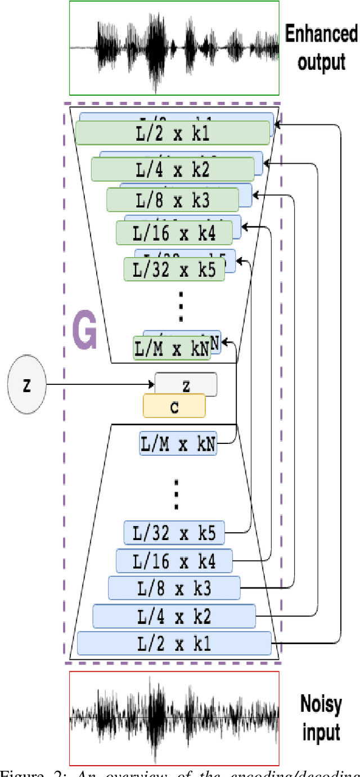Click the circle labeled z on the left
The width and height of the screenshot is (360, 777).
pos(26,385)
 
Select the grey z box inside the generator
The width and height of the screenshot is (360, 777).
pos(186,385)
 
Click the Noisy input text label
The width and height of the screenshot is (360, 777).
pos(319,717)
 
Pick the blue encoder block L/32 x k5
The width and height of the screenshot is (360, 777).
pos(174,533)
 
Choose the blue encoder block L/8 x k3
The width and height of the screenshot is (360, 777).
pos(174,588)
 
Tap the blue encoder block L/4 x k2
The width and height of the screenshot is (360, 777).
pos(174,617)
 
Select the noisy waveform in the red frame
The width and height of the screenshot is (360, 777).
pos(174,718)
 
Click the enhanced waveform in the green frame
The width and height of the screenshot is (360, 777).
pos(174,48)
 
